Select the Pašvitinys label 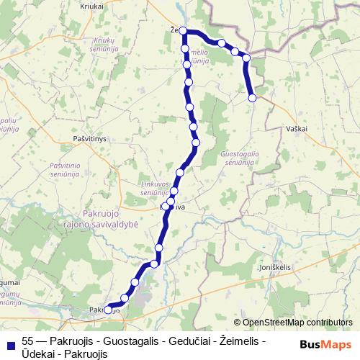(x=90, y=136)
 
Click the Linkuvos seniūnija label (x=154, y=188)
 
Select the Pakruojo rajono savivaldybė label (x=116, y=219)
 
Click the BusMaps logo (x=328, y=343)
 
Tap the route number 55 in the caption (x=28, y=340)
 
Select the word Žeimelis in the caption (x=238, y=340)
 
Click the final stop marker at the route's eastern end (x=252, y=98)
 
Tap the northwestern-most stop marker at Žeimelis (x=184, y=31)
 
